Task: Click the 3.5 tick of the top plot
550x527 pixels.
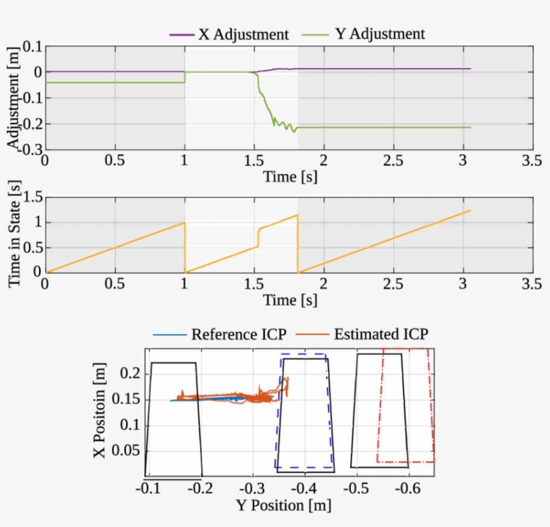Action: coord(533,160)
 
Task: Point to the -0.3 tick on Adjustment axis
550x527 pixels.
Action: coord(28,149)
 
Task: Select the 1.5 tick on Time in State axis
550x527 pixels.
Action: coord(31,197)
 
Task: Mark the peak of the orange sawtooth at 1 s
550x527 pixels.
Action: coord(184,223)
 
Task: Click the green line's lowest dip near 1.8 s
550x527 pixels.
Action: coord(294,131)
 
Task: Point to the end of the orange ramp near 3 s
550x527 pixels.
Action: coord(470,210)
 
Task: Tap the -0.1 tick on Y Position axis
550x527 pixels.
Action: coord(149,487)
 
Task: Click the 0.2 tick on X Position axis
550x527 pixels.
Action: coord(130,373)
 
